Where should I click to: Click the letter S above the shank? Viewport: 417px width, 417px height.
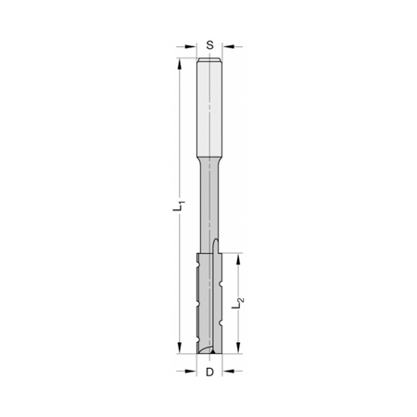pyautogui.click(x=209, y=45)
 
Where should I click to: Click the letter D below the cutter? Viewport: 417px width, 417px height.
pyautogui.click(x=209, y=373)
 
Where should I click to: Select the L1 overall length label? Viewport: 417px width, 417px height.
pyautogui.click(x=179, y=206)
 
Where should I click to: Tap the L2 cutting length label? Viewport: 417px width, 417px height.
pyautogui.click(x=237, y=303)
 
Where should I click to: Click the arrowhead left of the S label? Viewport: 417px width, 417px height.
pyautogui.click(x=191, y=46)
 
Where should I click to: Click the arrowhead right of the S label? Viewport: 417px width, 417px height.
pyautogui.click(x=228, y=46)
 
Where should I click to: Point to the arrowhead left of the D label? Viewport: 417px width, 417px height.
pyautogui.click(x=191, y=371)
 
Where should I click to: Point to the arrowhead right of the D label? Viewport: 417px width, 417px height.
pyautogui.click(x=228, y=371)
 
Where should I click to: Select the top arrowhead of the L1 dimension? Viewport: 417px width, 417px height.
pyautogui.click(x=179, y=64)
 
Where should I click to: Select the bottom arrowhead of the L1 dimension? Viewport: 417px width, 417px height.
pyautogui.click(x=179, y=347)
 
